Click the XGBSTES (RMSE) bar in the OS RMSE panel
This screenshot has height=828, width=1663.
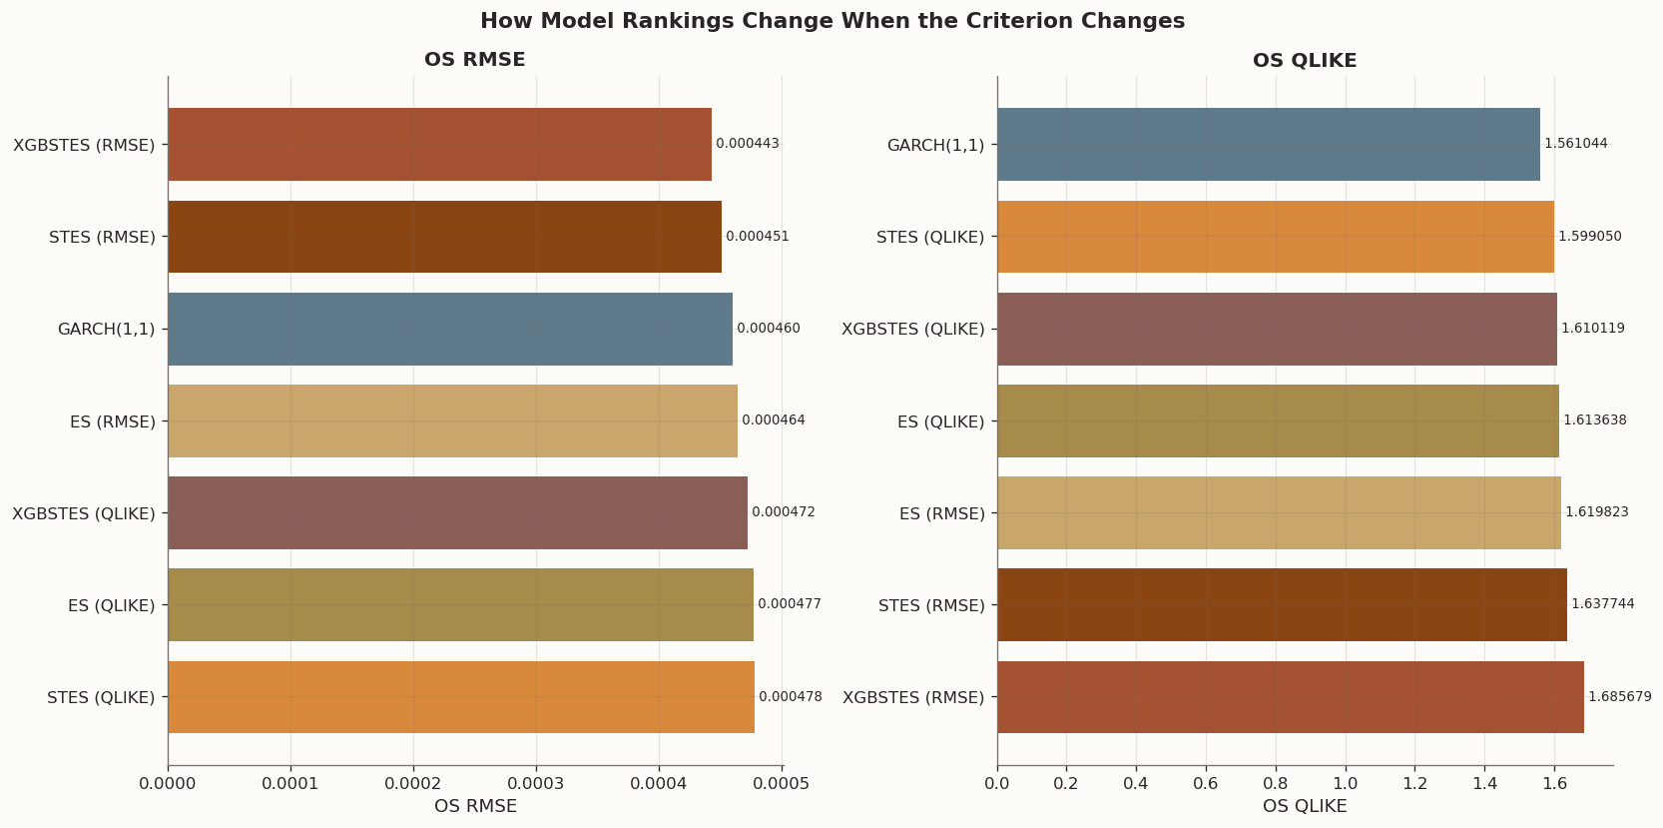tap(439, 145)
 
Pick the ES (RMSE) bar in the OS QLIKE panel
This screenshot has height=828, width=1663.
tap(1279, 513)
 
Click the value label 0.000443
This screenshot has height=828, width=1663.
tap(747, 144)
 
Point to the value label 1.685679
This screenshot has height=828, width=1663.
tap(1619, 697)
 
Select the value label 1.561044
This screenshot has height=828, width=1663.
tap(1575, 144)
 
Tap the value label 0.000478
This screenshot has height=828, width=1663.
tap(790, 697)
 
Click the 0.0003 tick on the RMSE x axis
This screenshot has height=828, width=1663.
tap(536, 784)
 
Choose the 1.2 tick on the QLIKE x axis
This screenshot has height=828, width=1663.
tap(1414, 784)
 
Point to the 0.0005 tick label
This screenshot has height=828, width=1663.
tap(782, 784)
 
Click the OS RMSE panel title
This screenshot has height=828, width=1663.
tap(474, 60)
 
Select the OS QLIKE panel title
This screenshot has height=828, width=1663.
tap(1304, 61)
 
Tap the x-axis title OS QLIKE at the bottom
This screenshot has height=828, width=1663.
tap(1304, 806)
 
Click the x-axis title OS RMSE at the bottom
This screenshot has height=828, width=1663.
tap(475, 806)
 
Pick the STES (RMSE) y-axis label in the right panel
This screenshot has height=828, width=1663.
tap(930, 605)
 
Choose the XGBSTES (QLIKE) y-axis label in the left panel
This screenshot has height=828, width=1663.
tap(84, 513)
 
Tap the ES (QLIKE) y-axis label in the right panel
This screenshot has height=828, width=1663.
tap(940, 421)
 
